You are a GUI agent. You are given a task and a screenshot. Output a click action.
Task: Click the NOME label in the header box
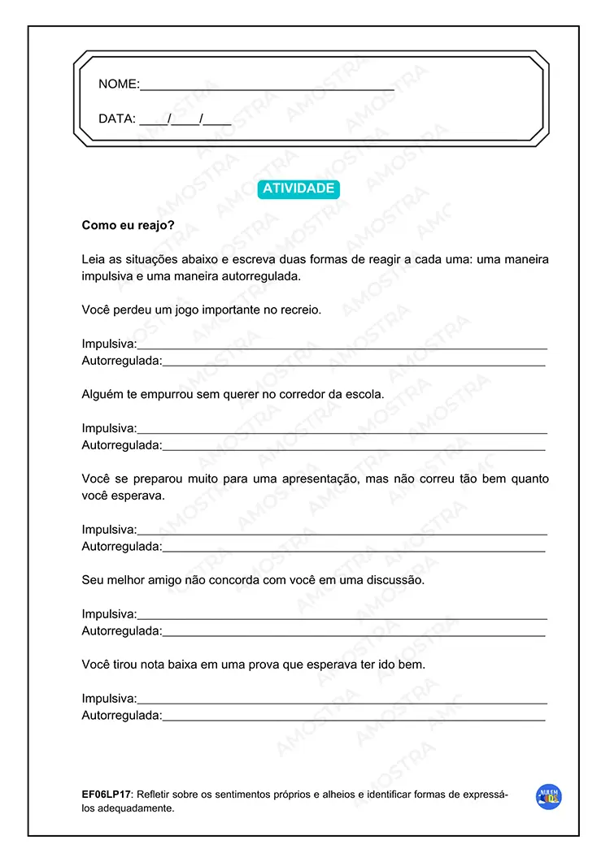pos(118,84)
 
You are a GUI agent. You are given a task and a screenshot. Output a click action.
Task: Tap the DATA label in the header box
pos(116,119)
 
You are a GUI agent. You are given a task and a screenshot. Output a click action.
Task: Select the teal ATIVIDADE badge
pos(298,188)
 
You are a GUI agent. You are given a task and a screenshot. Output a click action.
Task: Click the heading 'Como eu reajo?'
pos(128,226)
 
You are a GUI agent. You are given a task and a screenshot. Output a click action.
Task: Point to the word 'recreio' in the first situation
pos(300,310)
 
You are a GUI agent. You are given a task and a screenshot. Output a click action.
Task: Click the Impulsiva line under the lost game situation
pos(342,347)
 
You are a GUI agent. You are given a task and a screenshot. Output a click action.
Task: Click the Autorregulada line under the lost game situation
pos(354,364)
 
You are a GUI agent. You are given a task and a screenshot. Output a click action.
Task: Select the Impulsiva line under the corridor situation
pos(342,431)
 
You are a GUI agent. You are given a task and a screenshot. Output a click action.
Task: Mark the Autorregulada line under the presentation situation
pos(354,550)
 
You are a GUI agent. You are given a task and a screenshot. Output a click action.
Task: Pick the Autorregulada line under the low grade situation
pos(354,719)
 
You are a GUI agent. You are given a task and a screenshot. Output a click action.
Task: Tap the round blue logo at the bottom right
pos(549,797)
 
